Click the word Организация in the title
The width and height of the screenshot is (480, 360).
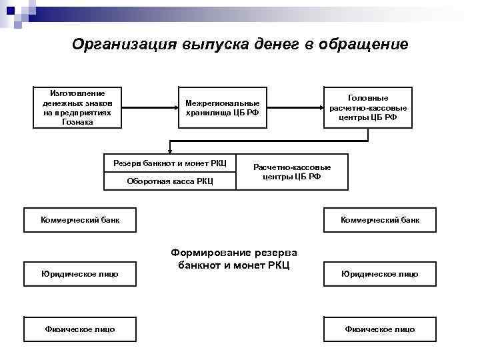tap(124, 45)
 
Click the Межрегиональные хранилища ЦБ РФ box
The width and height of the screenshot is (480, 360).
tap(223, 107)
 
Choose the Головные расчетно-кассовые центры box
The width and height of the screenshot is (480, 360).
tap(368, 107)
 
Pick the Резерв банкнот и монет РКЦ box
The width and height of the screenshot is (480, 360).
tap(170, 163)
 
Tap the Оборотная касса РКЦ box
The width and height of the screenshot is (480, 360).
tap(170, 181)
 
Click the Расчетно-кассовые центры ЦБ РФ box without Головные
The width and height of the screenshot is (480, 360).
tap(292, 172)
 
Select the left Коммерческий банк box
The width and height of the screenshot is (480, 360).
tap(80, 220)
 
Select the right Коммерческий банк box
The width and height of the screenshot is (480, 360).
tap(380, 220)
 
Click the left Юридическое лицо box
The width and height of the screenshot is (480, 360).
tap(80, 274)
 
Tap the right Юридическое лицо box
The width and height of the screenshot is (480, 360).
tap(380, 274)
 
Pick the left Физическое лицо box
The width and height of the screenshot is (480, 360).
tap(80, 329)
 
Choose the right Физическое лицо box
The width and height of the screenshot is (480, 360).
tap(380, 329)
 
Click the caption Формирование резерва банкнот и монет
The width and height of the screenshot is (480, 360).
tap(234, 259)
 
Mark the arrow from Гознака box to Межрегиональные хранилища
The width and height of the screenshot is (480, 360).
tap(150, 107)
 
